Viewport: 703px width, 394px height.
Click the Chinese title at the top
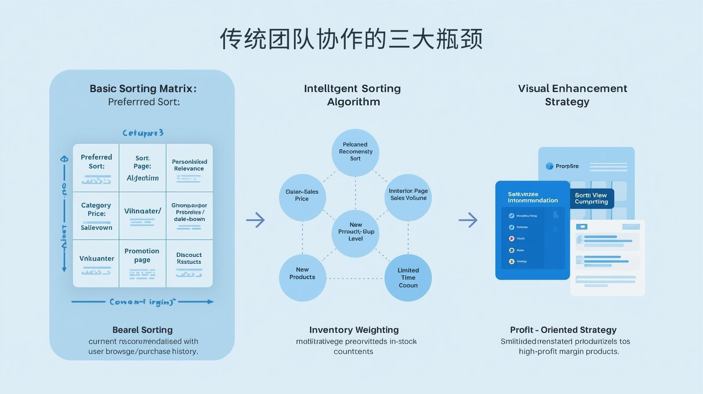351,39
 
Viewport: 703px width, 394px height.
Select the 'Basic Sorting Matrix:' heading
143,88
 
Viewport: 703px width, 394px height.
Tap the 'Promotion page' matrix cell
142,263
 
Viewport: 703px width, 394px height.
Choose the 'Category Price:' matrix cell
96,215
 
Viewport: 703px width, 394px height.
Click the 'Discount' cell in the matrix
189,263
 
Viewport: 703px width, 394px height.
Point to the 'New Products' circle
302,277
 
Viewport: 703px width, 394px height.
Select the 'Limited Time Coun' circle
408,277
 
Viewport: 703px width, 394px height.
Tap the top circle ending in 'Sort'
355,152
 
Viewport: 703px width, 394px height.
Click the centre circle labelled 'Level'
355,233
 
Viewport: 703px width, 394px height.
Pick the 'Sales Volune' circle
408,197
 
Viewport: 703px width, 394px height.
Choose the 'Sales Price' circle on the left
302,197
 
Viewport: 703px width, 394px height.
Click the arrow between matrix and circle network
255,220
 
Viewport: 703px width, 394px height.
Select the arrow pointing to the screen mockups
468,220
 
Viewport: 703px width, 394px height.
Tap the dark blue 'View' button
591,198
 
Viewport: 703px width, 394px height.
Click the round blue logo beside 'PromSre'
549,166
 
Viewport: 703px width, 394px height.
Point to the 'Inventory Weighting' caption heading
354,330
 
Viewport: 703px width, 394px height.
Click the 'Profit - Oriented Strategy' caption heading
563,330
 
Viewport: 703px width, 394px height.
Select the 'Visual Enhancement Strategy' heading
572,95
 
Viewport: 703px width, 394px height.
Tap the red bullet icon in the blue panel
511,239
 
